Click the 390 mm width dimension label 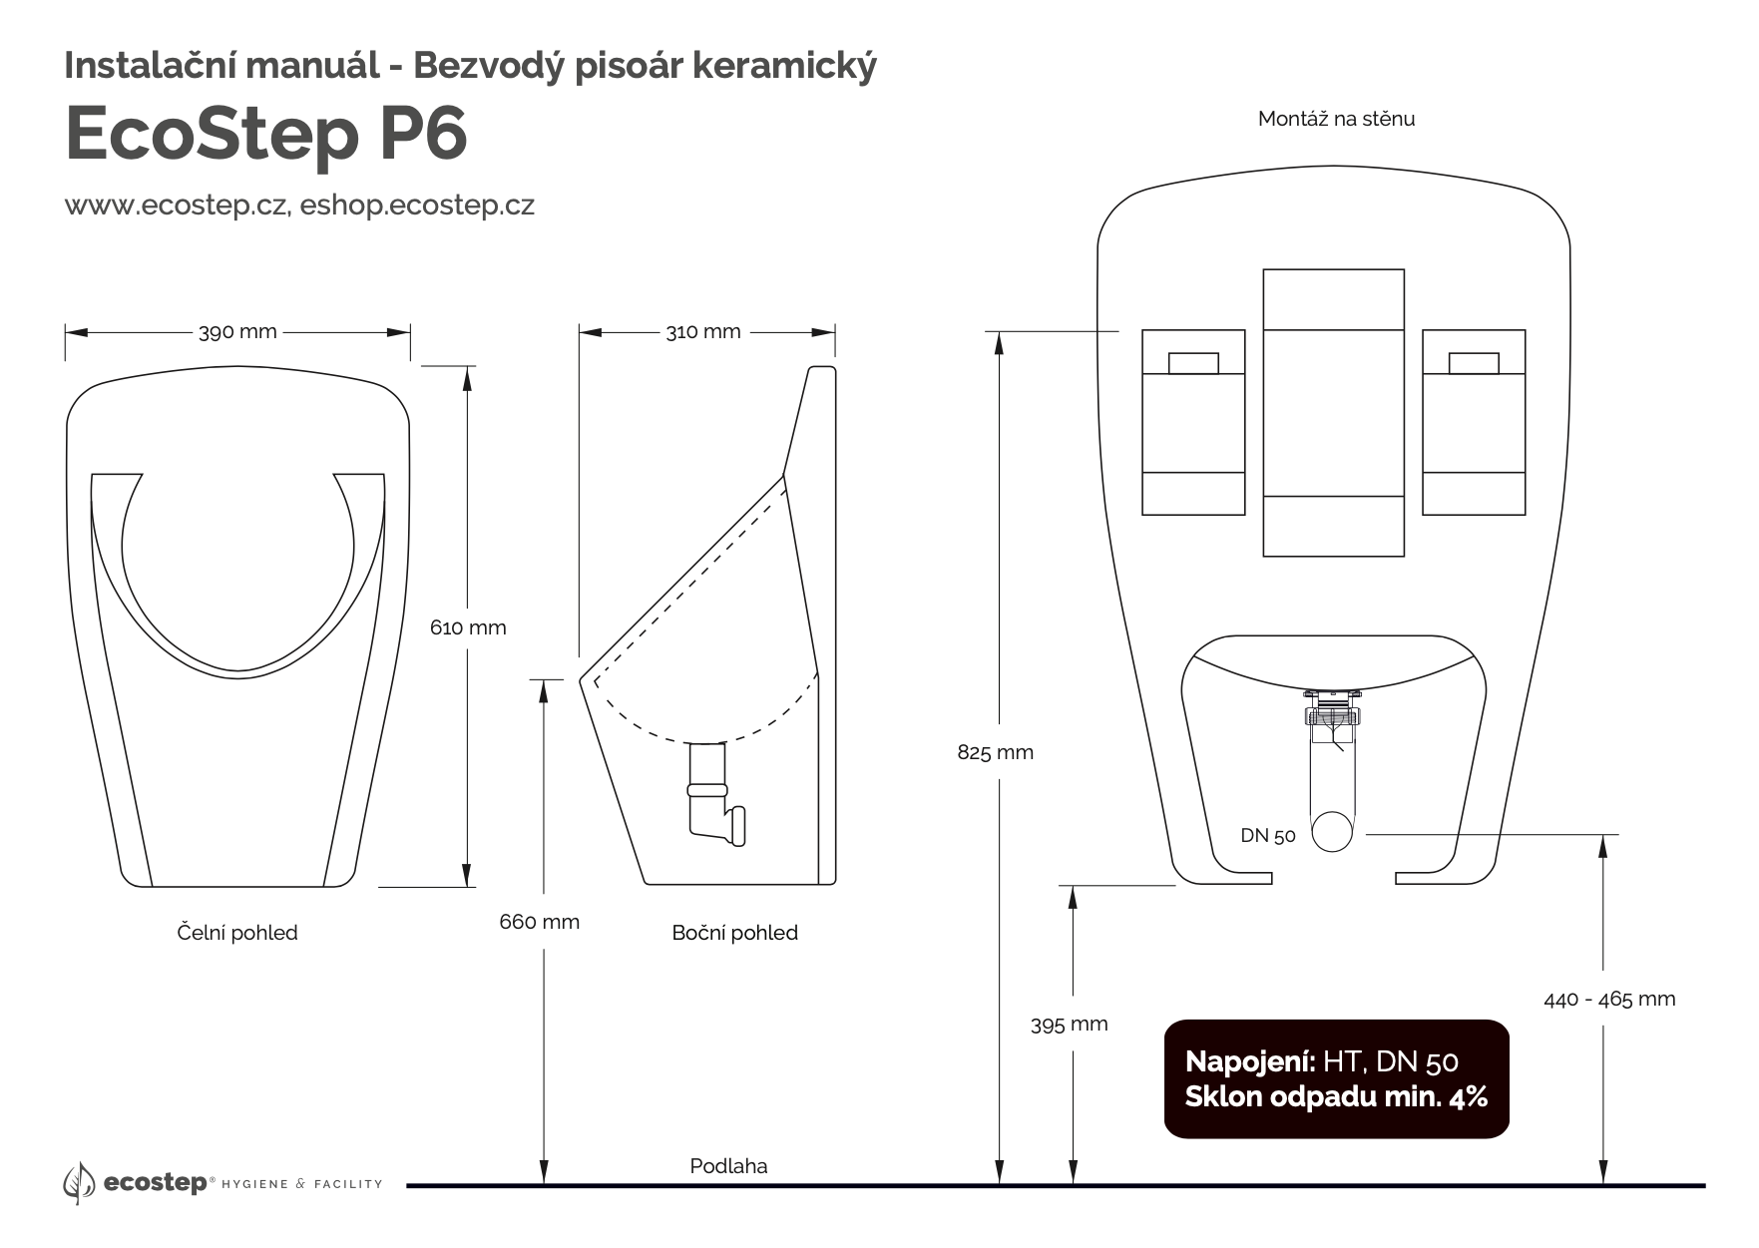point(237,332)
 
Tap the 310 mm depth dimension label point(703,332)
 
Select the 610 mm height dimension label point(468,627)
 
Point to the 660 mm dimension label point(539,922)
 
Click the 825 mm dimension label point(995,753)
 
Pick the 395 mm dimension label point(1069,1025)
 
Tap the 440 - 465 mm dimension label point(1609,999)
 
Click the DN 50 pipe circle point(1332,831)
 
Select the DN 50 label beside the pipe point(1268,836)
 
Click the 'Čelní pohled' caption point(237,933)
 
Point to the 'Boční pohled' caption point(734,933)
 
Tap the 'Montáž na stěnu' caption point(1336,119)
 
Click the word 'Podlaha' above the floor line point(728,1166)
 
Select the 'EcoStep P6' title point(266,134)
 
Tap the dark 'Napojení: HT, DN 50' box point(1336,1079)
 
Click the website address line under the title point(299,206)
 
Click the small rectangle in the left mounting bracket point(1193,362)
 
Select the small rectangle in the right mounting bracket point(1474,362)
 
